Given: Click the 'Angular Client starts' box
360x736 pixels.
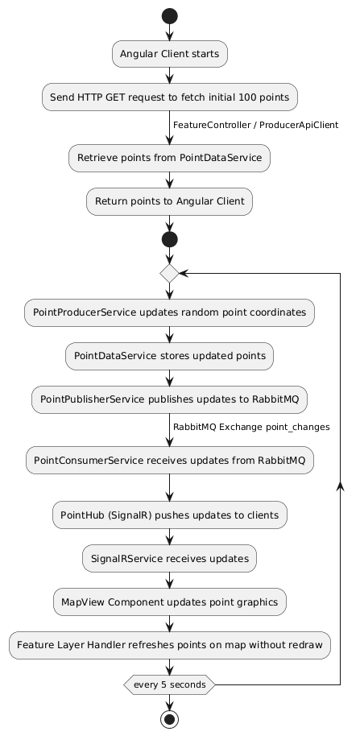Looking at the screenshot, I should point(169,55).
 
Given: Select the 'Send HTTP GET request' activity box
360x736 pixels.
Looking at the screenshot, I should point(169,97).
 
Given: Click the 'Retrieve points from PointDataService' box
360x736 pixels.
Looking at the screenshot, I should point(169,157).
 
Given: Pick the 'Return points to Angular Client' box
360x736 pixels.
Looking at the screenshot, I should point(169,201).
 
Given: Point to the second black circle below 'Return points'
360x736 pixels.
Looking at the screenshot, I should point(169,239).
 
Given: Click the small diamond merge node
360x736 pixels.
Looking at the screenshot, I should point(169,273).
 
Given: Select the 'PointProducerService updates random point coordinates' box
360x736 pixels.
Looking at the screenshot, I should point(169,312).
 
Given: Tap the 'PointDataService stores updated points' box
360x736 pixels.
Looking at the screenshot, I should point(169,354).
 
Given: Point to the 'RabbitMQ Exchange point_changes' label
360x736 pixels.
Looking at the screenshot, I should point(251,426).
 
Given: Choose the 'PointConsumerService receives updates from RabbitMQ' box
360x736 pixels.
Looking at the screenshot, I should point(169,461).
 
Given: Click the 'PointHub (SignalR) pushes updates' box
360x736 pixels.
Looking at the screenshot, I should point(169,514).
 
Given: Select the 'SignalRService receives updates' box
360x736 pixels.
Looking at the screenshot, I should point(169,557).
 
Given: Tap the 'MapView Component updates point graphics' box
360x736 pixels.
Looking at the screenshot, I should point(169,601).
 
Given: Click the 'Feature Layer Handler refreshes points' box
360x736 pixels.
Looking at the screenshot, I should point(169,644).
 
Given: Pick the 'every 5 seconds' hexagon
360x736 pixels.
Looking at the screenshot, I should point(169,684).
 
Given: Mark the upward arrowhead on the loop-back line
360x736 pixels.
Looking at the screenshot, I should point(340,485).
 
